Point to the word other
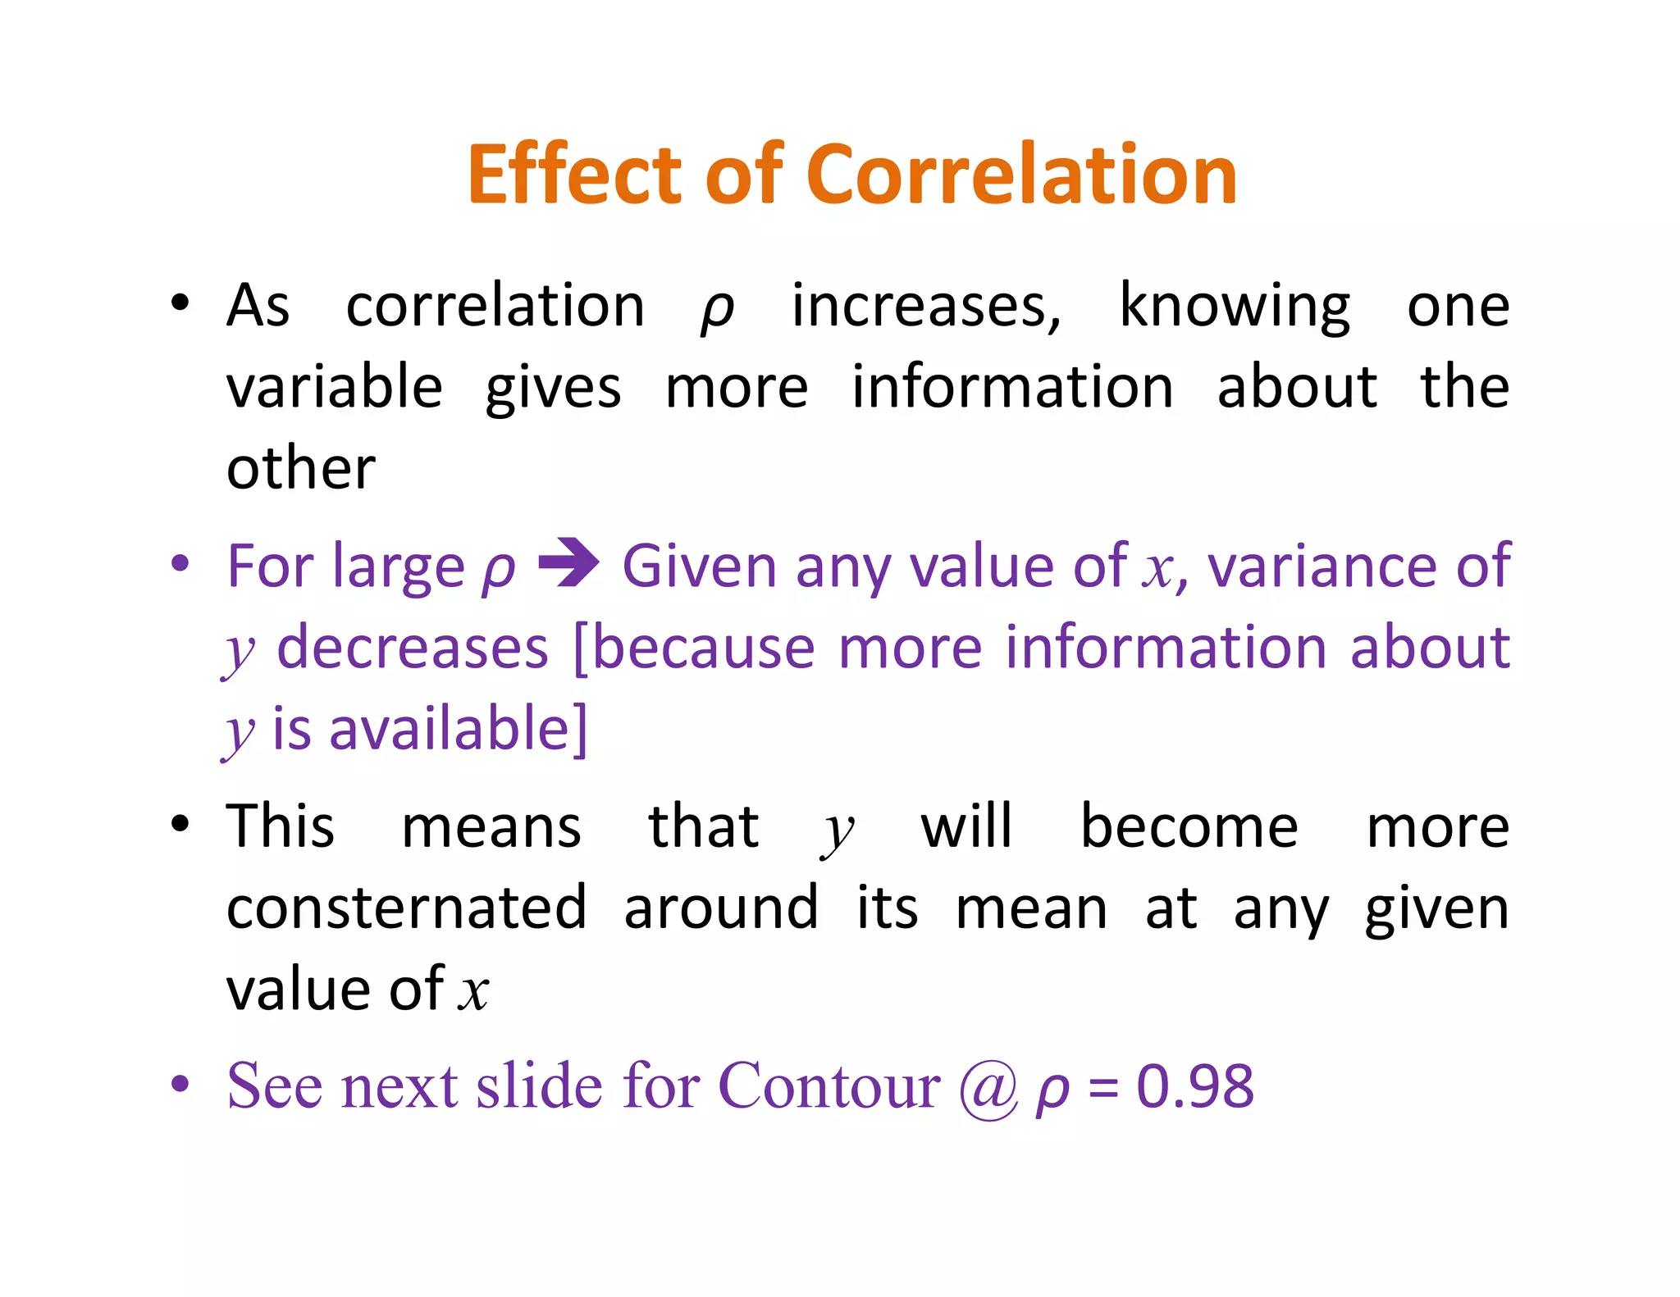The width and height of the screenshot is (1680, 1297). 301,468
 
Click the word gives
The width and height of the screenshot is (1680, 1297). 553,389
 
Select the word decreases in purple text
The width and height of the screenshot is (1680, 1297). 413,648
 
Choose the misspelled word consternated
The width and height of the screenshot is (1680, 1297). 407,908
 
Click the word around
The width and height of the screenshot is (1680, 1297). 721,908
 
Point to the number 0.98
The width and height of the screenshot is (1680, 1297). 1194,1086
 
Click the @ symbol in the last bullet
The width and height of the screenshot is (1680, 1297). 988,1088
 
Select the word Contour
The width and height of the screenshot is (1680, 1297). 829,1086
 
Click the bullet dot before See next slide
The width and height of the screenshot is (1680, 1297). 180,1084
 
